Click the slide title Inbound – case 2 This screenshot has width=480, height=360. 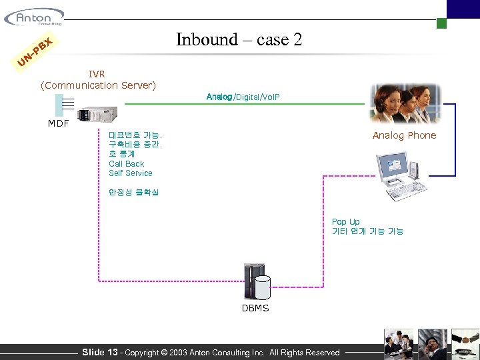pyautogui.click(x=239, y=40)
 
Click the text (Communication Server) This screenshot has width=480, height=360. pyautogui.click(x=98, y=85)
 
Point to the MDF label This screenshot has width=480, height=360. pyautogui.click(x=58, y=123)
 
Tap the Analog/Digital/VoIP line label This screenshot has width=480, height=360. pyautogui.click(x=243, y=97)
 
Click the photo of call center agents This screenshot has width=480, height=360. pyautogui.click(x=405, y=103)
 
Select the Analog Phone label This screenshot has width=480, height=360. pyautogui.click(x=404, y=135)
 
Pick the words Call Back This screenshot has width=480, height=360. pyautogui.click(x=126, y=163)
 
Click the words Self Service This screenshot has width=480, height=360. pyautogui.click(x=130, y=173)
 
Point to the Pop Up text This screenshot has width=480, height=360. pyautogui.click(x=345, y=222)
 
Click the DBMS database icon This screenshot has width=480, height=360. pyautogui.click(x=257, y=283)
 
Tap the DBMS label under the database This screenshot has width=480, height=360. pyautogui.click(x=255, y=308)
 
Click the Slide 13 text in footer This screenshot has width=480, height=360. pyautogui.click(x=99, y=352)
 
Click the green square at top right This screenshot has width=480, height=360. pyautogui.click(x=441, y=23)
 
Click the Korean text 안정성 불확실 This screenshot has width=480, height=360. pyautogui.click(x=133, y=193)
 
